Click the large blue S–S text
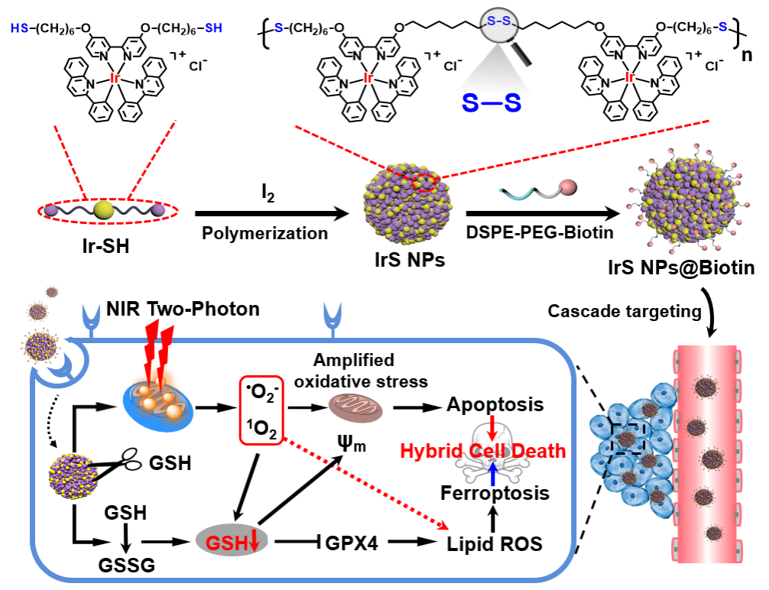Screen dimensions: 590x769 point(491,103)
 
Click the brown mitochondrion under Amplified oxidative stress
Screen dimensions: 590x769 point(352,405)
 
